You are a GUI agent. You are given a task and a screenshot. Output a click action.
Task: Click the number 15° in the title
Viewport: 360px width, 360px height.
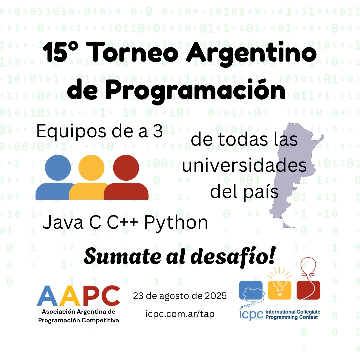click(60, 52)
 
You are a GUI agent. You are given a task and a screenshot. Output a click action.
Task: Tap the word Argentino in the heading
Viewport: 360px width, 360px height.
click(251, 54)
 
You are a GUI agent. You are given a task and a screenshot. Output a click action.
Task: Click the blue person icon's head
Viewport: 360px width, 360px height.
click(58, 168)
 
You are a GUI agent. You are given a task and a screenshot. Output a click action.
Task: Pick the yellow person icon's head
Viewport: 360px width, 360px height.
click(91, 168)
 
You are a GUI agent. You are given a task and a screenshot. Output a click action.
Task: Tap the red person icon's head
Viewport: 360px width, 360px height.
click(126, 168)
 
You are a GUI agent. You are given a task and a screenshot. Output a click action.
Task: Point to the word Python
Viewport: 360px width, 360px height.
click(176, 223)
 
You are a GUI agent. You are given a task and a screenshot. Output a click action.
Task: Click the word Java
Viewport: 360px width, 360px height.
click(63, 222)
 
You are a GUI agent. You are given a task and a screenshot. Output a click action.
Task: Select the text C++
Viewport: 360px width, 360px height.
click(123, 222)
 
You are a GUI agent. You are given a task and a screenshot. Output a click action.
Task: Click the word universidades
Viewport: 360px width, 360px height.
click(244, 165)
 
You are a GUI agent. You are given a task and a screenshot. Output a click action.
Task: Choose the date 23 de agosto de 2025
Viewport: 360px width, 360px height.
click(180, 296)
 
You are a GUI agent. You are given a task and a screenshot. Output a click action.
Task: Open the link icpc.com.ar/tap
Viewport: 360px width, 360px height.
click(180, 314)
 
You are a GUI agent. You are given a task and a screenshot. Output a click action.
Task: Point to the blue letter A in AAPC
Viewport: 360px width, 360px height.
click(47, 296)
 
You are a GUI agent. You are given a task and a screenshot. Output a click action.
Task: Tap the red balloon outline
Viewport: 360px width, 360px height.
click(308, 266)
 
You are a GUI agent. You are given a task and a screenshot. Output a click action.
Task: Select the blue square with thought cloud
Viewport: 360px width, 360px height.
click(251, 290)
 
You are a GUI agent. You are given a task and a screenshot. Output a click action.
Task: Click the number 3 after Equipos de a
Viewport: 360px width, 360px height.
click(158, 131)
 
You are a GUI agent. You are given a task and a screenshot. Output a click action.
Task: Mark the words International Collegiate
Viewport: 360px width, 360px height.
click(293, 312)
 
